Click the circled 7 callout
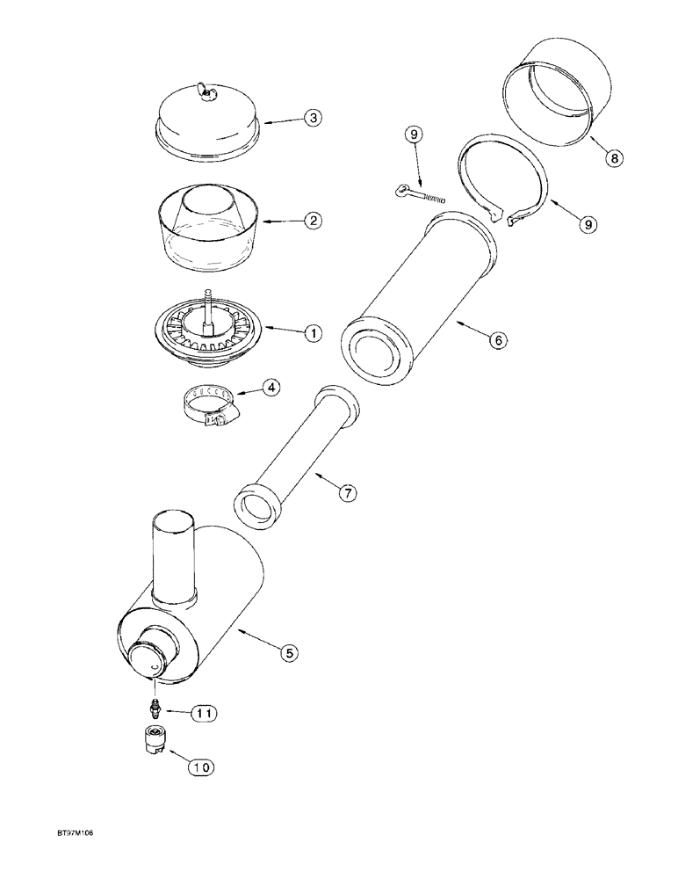coord(348,493)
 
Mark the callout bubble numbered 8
coord(612,159)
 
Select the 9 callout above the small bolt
coord(414,134)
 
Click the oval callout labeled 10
coord(201,766)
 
